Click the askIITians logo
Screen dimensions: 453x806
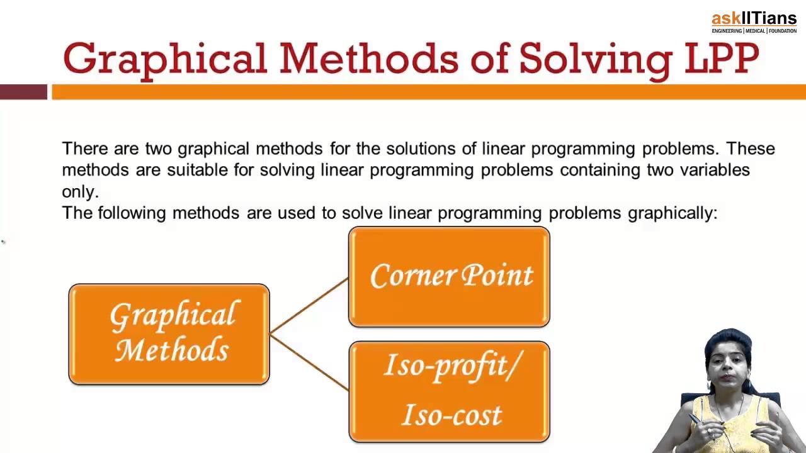click(x=754, y=22)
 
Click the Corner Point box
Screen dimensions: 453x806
click(x=449, y=277)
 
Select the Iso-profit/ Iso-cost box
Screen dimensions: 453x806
click(x=449, y=391)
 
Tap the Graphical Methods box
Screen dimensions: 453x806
click(x=169, y=333)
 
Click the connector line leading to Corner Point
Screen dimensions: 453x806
click(x=309, y=305)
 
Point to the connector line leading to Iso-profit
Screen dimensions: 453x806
click(x=309, y=362)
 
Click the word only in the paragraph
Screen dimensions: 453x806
click(x=80, y=192)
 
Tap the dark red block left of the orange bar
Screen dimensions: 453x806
click(x=23, y=92)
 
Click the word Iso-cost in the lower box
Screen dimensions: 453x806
click(x=451, y=415)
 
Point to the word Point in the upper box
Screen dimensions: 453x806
click(x=497, y=276)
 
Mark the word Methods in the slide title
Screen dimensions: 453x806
click(x=368, y=59)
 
